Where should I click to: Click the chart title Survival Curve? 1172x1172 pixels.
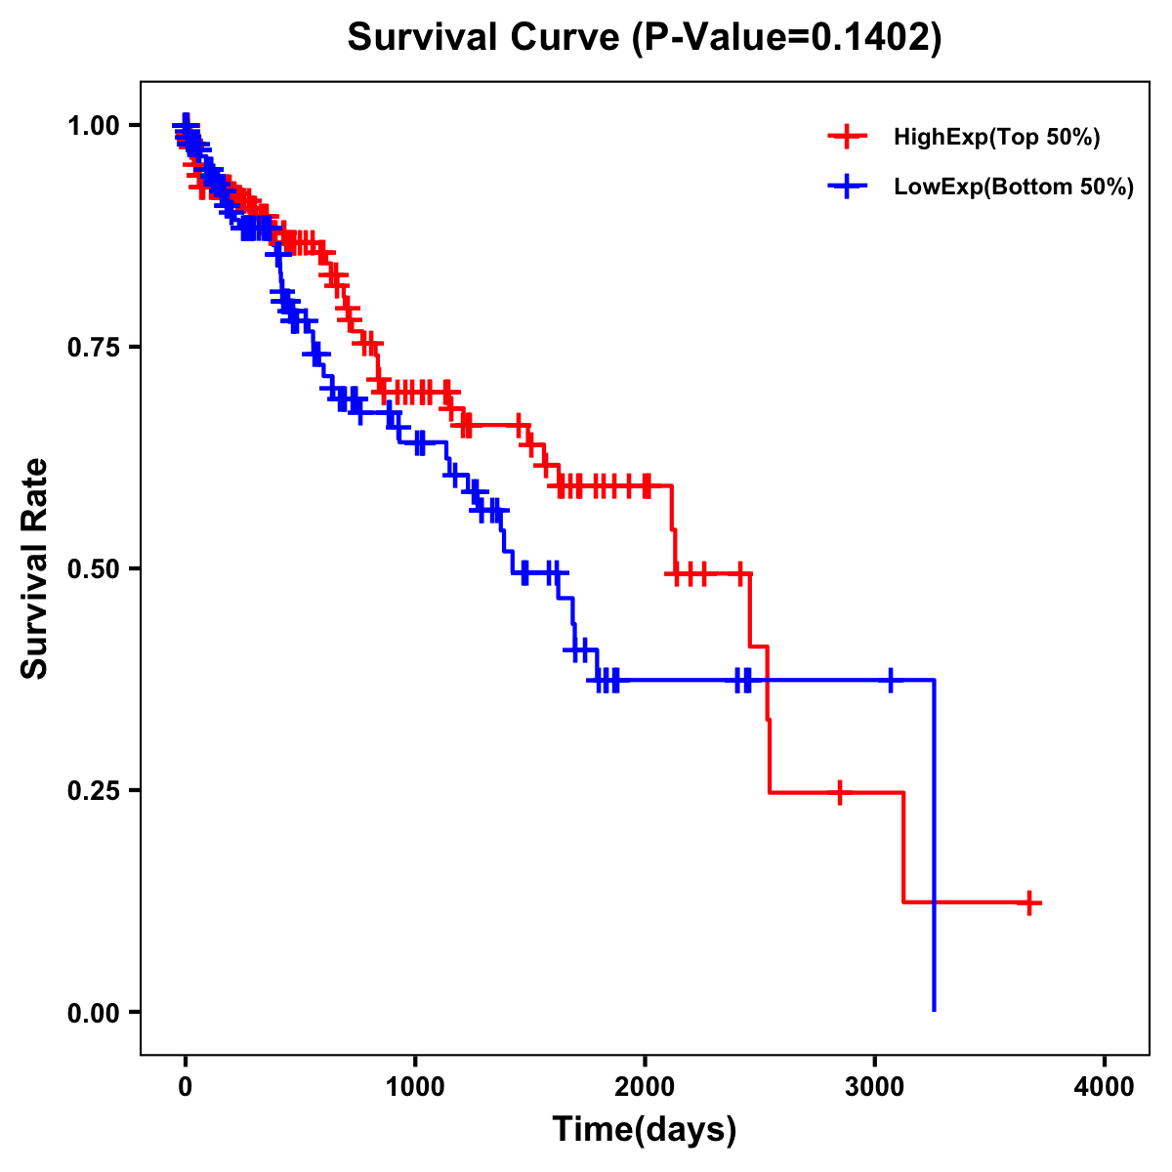point(483,38)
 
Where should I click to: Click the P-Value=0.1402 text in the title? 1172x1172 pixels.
point(786,38)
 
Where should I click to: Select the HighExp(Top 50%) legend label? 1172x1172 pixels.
point(997,138)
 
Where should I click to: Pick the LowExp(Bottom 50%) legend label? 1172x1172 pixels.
point(1014,187)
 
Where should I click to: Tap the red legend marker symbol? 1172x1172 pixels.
point(847,137)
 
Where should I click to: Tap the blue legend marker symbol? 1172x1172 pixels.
point(847,186)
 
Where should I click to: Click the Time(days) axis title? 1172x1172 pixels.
point(645,1130)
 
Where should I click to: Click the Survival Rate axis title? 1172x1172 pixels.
point(35,568)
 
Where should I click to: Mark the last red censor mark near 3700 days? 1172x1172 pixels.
point(1028,902)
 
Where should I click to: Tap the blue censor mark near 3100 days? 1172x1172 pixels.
point(891,680)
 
